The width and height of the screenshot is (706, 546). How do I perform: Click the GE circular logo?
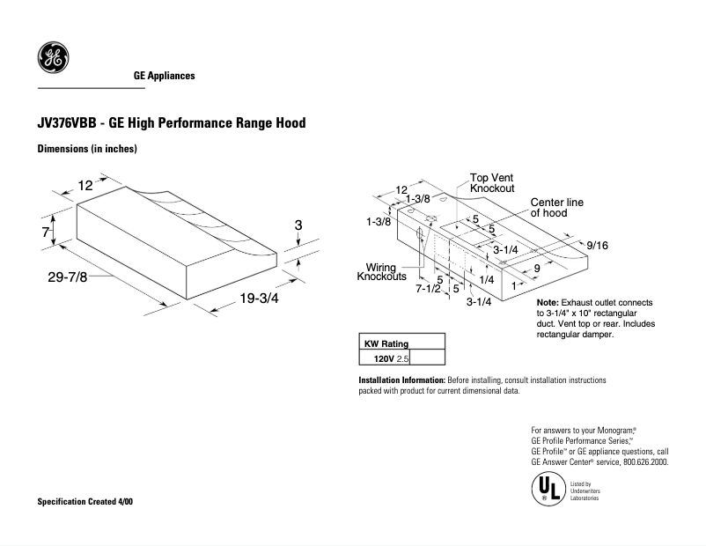click(x=52, y=58)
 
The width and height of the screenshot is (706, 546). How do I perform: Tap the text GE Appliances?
click(x=164, y=76)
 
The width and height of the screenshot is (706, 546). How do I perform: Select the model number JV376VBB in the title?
click(x=66, y=123)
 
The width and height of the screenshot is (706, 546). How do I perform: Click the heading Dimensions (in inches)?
click(x=86, y=149)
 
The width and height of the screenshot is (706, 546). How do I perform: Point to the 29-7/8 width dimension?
click(x=67, y=277)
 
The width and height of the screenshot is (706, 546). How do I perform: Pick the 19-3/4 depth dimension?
click(x=259, y=299)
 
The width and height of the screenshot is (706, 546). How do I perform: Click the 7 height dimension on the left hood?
click(x=44, y=232)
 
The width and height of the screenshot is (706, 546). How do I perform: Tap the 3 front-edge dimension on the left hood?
click(x=298, y=226)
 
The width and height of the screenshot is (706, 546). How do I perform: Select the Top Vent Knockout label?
click(x=491, y=183)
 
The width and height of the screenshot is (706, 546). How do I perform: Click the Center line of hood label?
click(x=556, y=208)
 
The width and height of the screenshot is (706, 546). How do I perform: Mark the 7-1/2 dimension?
click(x=428, y=288)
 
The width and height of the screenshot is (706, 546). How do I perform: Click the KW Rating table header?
click(x=386, y=343)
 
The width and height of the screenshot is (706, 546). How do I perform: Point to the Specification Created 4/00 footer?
click(x=85, y=501)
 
